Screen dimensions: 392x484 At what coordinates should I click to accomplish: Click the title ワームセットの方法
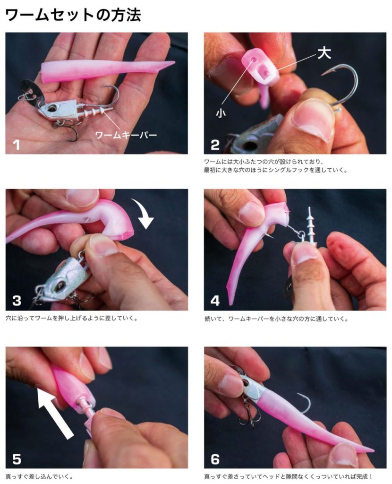[x=73, y=14]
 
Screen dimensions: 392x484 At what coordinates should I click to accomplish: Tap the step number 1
[x=17, y=145]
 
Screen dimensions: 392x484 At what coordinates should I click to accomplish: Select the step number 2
[x=215, y=145]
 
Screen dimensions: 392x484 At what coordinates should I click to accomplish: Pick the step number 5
[x=17, y=459]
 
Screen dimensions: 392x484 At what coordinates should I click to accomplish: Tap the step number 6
[x=215, y=459]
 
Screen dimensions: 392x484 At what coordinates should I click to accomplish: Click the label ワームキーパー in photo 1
[x=126, y=135]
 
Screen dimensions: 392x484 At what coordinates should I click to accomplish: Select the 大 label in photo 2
[x=324, y=53]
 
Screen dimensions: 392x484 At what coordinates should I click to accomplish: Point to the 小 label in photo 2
[x=221, y=113]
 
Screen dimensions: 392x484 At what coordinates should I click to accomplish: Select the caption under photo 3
[x=71, y=318]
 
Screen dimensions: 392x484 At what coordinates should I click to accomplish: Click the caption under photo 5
[x=39, y=477]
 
